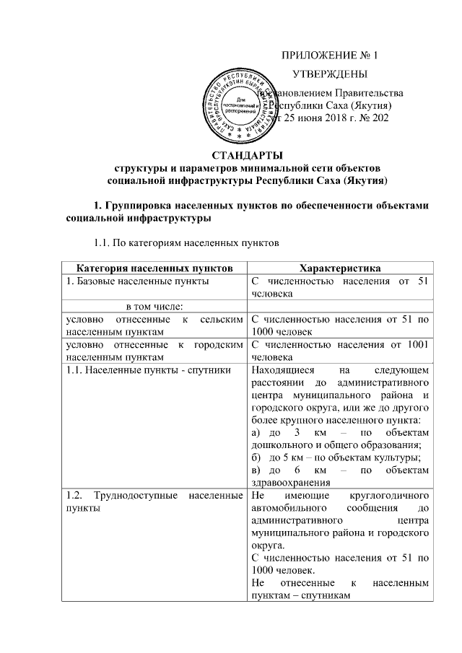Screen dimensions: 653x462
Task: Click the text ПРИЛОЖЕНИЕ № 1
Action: pos(328,56)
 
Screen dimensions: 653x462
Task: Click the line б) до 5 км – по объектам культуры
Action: pos(336,456)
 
